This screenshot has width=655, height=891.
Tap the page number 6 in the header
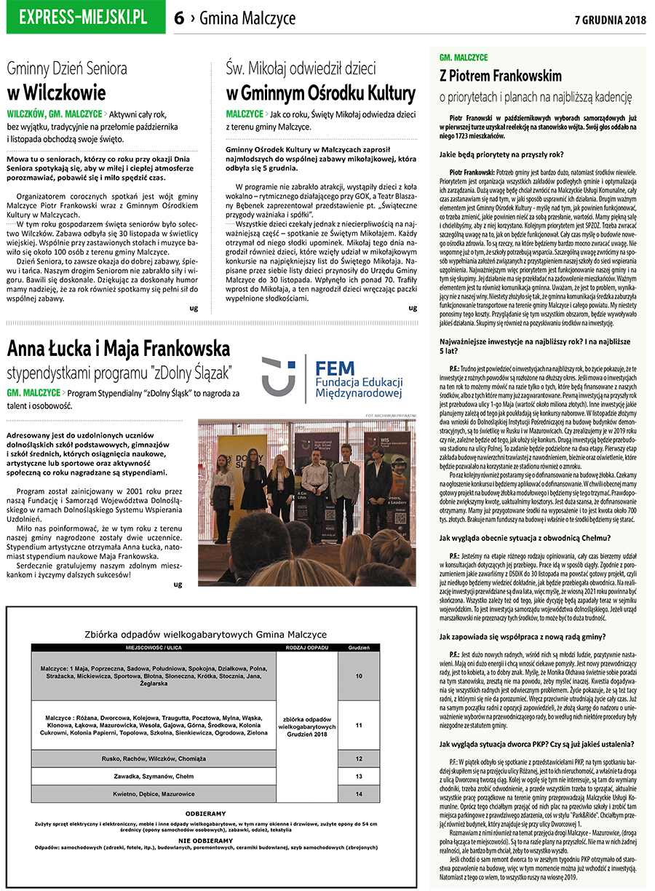coord(179,19)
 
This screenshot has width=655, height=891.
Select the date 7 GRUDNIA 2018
coord(610,19)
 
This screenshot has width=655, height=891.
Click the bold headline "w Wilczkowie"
coord(56,93)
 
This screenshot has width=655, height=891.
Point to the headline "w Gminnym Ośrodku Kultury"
coord(320,93)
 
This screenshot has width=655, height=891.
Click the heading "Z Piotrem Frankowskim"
coord(501,76)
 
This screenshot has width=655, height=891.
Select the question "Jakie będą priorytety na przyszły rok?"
coord(501,154)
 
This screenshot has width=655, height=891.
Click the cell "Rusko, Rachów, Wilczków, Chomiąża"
coord(154,759)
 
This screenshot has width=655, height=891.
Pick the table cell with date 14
coord(359,793)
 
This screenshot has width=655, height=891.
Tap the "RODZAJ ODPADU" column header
coord(306,647)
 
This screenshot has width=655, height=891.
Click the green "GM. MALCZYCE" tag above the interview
coord(463,57)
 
